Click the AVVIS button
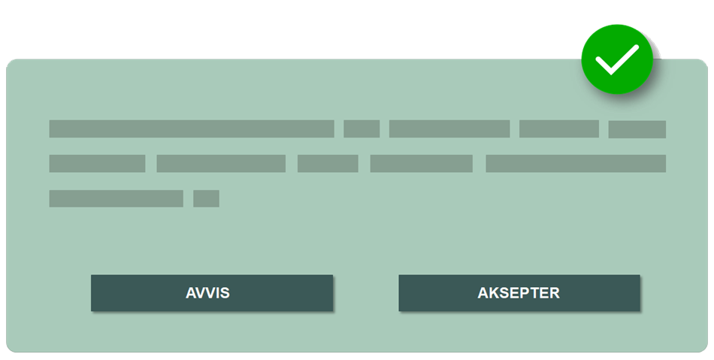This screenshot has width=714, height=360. click(x=212, y=292)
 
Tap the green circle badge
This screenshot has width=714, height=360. click(x=616, y=59)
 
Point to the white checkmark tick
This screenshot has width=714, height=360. click(x=616, y=59)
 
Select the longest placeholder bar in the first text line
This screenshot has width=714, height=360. click(x=192, y=129)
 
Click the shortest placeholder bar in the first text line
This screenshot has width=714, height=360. click(x=362, y=129)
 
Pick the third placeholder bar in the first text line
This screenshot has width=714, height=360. click(x=449, y=129)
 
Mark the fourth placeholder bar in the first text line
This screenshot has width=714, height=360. click(x=559, y=129)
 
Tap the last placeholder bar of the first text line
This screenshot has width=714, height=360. click(x=637, y=129)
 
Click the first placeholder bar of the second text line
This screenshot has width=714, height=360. click(x=97, y=163)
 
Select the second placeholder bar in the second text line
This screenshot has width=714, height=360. click(x=221, y=163)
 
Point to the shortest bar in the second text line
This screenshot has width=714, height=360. click(x=328, y=163)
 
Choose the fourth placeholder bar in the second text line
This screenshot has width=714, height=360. click(x=422, y=163)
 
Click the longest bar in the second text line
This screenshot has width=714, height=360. click(x=576, y=163)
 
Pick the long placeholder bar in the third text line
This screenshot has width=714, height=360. click(x=116, y=198)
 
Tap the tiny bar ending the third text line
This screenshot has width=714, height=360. click(x=206, y=198)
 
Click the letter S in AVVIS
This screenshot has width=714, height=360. click(x=225, y=293)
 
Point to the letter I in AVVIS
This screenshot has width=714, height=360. click(x=217, y=293)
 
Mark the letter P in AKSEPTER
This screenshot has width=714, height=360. click(x=525, y=293)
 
